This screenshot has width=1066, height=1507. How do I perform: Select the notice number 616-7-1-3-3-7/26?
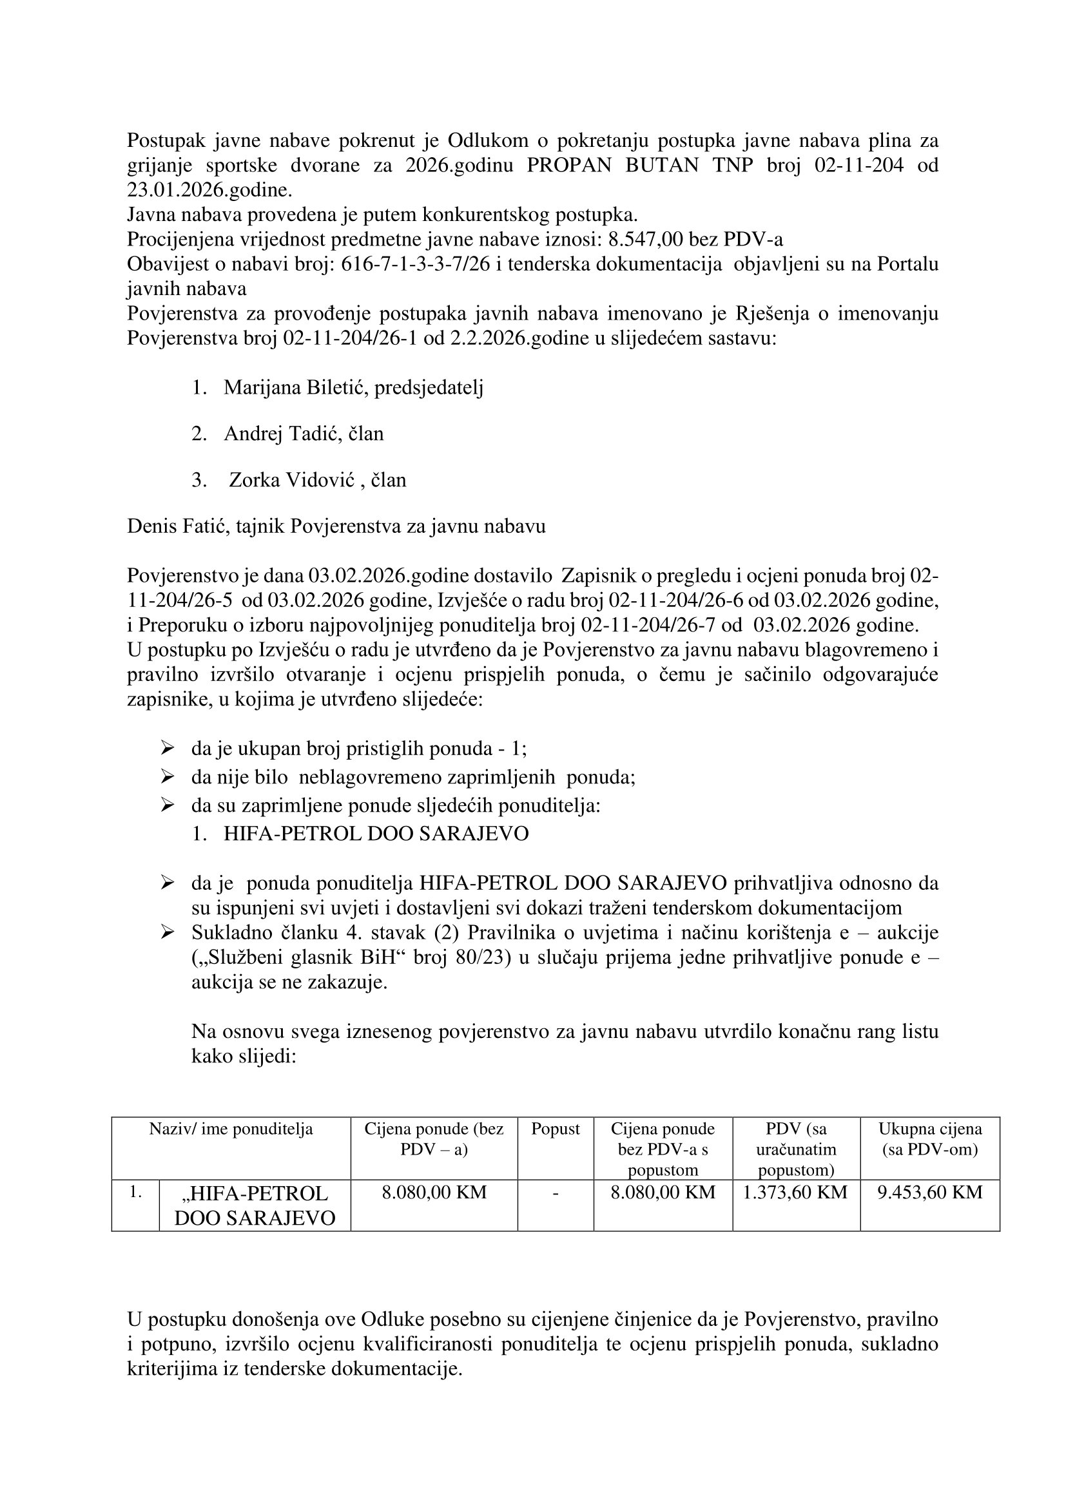pyautogui.click(x=411, y=264)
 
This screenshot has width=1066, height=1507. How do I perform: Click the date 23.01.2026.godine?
pyautogui.click(x=209, y=190)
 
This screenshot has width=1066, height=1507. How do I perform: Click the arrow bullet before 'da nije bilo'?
pyautogui.click(x=168, y=776)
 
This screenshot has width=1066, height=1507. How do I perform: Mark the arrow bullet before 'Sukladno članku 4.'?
pyautogui.click(x=168, y=932)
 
